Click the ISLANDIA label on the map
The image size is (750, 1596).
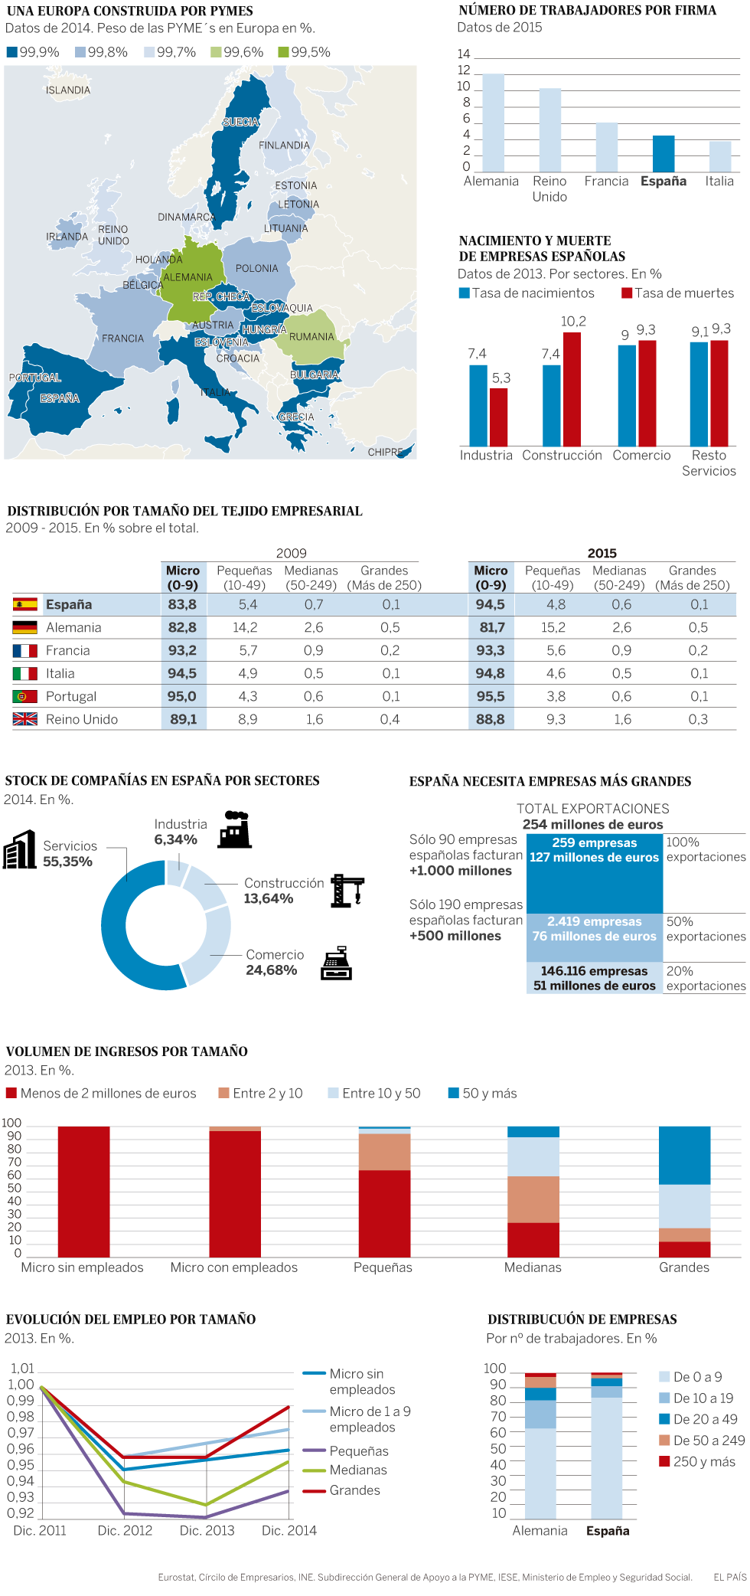[x=68, y=90]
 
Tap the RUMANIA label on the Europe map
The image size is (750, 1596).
[x=311, y=337]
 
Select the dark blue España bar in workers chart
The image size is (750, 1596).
[x=664, y=154]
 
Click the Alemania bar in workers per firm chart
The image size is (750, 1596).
[x=494, y=123]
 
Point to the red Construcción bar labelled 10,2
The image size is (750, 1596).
[x=572, y=389]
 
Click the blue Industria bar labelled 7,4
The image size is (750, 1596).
[x=478, y=405]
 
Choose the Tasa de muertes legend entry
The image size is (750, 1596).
[x=677, y=293]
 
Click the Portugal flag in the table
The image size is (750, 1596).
[x=25, y=696]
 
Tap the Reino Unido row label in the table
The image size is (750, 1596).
[x=82, y=719]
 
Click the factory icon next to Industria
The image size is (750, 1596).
[x=235, y=829]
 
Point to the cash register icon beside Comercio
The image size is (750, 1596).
[x=336, y=963]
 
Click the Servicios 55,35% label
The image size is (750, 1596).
[x=69, y=853]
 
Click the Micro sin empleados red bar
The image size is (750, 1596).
[x=84, y=1191]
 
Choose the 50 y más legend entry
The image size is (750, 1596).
[x=482, y=1093]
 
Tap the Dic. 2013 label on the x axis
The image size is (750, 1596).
[x=207, y=1530]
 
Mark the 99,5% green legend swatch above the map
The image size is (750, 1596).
[x=284, y=52]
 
